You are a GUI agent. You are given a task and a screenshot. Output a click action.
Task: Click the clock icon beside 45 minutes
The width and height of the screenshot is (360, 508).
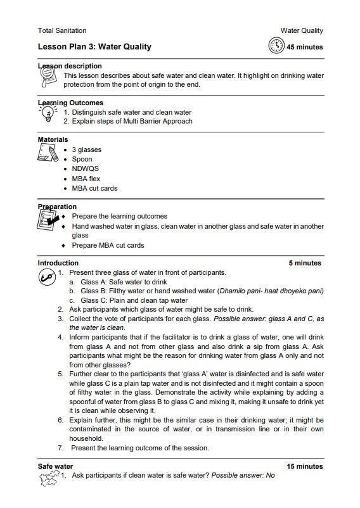[x=276, y=46]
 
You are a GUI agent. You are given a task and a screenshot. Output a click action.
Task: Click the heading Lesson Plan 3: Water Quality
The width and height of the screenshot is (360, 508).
[x=94, y=47]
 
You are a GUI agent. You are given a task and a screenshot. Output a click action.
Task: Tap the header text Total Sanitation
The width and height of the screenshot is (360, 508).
[x=62, y=30]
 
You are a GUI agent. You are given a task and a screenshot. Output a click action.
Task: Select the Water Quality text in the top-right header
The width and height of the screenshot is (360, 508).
[x=302, y=30]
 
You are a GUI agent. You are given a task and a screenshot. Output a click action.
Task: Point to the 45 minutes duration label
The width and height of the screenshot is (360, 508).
[x=304, y=47]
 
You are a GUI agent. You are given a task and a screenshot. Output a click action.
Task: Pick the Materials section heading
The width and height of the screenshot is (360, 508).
[x=53, y=139]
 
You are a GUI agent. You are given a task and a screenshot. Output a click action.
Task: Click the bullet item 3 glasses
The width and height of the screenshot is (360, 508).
[x=86, y=149]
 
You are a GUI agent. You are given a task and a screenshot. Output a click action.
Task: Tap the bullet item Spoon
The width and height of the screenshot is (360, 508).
[x=82, y=159]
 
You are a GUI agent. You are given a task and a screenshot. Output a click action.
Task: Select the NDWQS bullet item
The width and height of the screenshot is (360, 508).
[x=85, y=168]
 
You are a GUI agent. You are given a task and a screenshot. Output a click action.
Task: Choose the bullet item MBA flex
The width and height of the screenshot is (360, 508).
[x=86, y=179]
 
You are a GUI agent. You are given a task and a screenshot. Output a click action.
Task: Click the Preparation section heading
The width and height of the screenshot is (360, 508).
[x=57, y=206]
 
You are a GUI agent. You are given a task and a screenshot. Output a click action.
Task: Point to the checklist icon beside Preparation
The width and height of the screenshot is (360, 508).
[x=48, y=221]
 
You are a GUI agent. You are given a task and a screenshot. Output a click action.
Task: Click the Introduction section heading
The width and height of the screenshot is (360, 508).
[x=58, y=263]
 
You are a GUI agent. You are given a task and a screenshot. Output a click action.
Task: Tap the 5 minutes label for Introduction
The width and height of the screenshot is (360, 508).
[x=305, y=263]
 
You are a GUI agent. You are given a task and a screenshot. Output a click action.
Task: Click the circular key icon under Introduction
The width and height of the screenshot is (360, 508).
[x=46, y=277]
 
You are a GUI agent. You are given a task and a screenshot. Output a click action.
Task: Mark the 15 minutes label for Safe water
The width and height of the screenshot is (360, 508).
[x=304, y=466]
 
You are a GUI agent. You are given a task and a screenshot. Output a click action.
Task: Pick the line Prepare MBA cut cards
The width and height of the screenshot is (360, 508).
[x=108, y=245]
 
